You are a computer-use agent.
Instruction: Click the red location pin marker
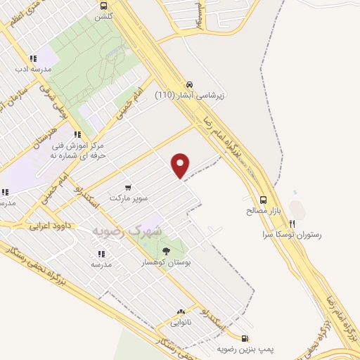(x=181, y=165)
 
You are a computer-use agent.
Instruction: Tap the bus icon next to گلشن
(x=104, y=5)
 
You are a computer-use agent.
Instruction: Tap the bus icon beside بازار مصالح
(x=263, y=199)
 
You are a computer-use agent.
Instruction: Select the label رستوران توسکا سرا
(x=291, y=234)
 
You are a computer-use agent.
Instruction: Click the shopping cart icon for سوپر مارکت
(x=128, y=187)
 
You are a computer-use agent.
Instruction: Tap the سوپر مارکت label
(x=128, y=198)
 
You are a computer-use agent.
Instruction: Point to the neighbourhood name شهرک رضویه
(x=127, y=231)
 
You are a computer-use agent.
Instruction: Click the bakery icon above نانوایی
(x=181, y=311)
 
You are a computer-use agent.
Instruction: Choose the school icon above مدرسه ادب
(x=32, y=59)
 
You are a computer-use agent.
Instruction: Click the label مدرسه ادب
(x=31, y=70)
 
